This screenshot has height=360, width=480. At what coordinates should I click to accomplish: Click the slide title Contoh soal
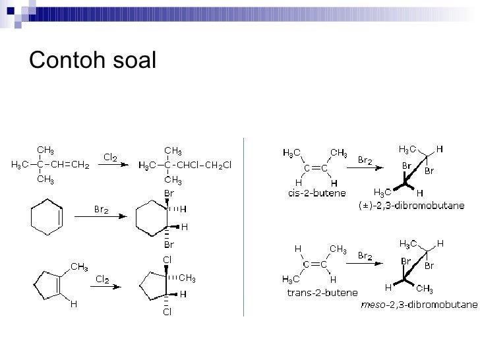93,61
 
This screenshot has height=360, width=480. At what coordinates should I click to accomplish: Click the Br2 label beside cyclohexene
101,210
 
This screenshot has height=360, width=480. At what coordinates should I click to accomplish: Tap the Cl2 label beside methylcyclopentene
103,280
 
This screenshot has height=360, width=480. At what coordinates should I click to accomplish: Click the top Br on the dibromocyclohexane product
169,193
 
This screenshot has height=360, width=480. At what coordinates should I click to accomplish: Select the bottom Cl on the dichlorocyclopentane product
167,312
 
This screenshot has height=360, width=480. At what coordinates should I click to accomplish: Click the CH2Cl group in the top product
217,165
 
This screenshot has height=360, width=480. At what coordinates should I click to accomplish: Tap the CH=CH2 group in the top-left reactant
71,165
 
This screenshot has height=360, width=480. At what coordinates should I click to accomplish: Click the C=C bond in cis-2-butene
316,167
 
